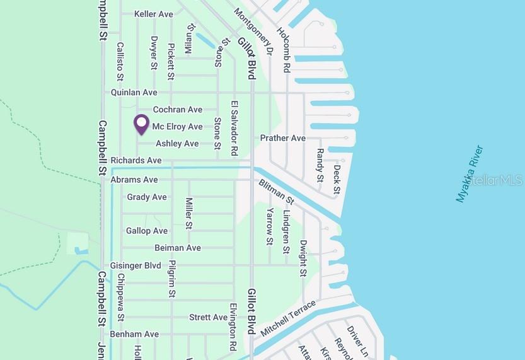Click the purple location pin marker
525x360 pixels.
[142, 124]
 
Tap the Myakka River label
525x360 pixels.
[470, 174]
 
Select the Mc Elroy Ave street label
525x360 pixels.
[177, 127]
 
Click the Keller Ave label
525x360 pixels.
[154, 14]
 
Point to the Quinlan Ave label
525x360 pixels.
[134, 93]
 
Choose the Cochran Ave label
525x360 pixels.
[178, 110]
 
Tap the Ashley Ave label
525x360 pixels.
[177, 144]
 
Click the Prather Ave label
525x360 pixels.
[282, 138]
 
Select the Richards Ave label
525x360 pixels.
[136, 161]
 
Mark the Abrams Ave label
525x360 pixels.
[134, 180]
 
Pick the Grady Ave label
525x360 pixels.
[147, 197]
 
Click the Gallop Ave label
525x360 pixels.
[147, 231]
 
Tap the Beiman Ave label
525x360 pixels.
[178, 248]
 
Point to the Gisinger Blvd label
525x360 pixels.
[136, 265]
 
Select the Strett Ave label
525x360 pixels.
[208, 317]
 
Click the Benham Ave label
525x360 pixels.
[134, 334]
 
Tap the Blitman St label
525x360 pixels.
[276, 192]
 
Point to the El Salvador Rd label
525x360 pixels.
[234, 128]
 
